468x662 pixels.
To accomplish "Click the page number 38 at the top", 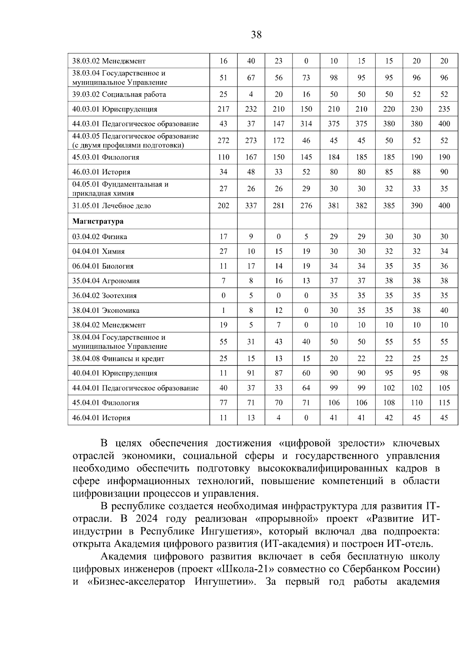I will (x=256, y=35).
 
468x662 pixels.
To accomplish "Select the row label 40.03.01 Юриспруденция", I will (x=115, y=109).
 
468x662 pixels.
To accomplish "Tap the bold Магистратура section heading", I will (x=98, y=221).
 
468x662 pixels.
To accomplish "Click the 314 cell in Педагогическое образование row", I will (x=306, y=124).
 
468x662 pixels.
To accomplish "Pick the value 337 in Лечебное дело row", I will (x=251, y=206).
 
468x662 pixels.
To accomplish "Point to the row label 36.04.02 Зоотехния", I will (x=105, y=296).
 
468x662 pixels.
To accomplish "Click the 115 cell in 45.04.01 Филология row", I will (x=444, y=403).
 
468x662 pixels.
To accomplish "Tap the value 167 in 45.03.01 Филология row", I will (x=251, y=157).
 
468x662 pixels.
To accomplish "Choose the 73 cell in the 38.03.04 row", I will (x=306, y=78).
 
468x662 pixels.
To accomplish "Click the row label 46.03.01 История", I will (x=101, y=172).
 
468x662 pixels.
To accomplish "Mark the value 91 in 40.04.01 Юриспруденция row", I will (x=251, y=373).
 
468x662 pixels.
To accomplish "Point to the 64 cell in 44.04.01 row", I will (x=306, y=388).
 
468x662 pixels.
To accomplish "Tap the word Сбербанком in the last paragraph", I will (x=374, y=569).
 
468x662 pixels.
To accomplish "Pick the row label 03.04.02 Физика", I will (x=99, y=237).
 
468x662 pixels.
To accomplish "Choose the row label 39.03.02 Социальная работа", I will (x=119, y=94).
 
